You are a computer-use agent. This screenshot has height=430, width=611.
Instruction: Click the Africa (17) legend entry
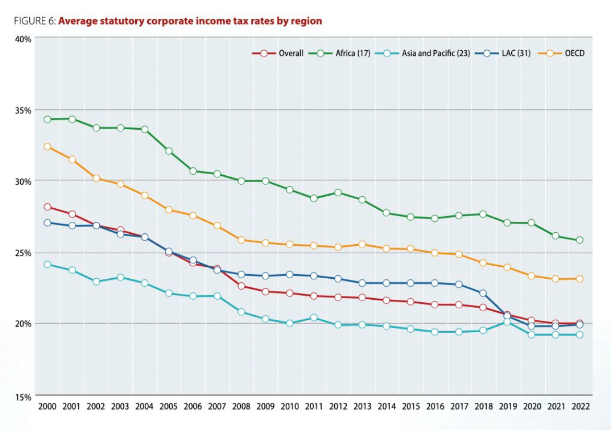click(x=340, y=53)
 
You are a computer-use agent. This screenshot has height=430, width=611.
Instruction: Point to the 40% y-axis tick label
click(x=23, y=39)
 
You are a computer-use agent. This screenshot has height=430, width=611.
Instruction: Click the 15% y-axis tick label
click(x=23, y=396)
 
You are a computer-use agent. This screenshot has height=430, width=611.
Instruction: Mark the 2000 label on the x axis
click(x=47, y=406)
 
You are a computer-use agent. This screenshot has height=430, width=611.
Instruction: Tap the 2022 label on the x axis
click(x=579, y=406)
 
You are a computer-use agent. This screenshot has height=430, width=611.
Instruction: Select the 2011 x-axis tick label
click(x=313, y=406)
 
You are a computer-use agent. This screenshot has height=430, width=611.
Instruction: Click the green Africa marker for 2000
click(x=48, y=119)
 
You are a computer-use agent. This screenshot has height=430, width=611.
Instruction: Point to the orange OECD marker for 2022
click(x=579, y=279)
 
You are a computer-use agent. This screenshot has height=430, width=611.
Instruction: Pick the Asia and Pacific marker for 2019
click(x=507, y=322)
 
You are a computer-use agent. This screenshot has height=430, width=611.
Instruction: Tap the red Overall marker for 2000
click(x=48, y=207)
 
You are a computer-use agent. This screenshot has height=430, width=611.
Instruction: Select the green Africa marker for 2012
click(x=338, y=193)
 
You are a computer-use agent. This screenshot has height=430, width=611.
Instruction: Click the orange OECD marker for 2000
click(x=48, y=146)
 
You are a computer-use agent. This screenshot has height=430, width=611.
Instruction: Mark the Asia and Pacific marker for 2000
click(x=48, y=264)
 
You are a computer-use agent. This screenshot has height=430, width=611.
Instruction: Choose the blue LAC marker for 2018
click(x=483, y=293)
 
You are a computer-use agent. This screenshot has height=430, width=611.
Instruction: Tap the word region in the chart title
click(x=307, y=21)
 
